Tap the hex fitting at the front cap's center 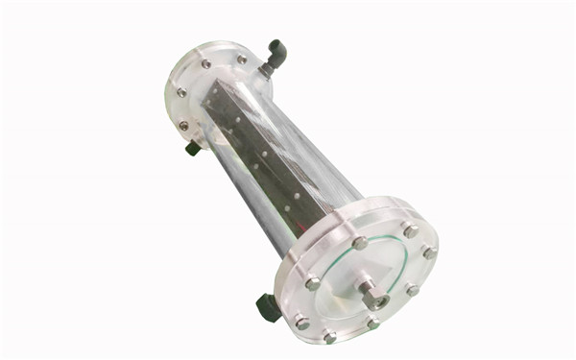[370, 292]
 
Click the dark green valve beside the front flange [268, 306]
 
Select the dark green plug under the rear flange [193, 147]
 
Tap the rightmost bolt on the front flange [429, 252]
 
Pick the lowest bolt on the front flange [330, 337]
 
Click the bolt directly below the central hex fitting [372, 324]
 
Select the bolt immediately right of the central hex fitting [412, 289]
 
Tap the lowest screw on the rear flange [183, 126]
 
